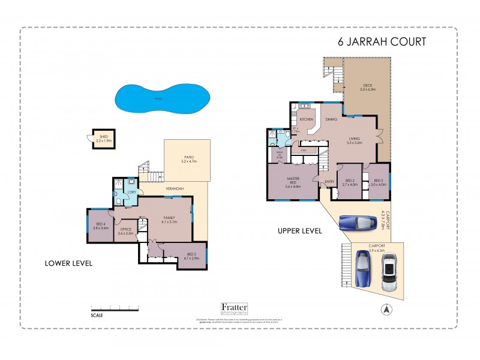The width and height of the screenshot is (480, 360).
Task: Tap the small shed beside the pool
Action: pyautogui.click(x=103, y=139)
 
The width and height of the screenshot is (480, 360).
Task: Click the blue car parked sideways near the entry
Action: pyautogui.click(x=356, y=223)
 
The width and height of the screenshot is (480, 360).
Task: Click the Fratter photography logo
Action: pyautogui.click(x=235, y=308)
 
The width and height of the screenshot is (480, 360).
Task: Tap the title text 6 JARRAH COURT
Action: pyautogui.click(x=382, y=42)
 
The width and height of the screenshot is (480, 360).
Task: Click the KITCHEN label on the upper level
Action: pyautogui.click(x=307, y=119)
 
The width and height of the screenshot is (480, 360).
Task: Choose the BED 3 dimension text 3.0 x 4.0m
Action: pyautogui.click(x=378, y=185)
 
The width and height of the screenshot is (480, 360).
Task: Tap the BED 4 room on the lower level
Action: pyautogui.click(x=100, y=226)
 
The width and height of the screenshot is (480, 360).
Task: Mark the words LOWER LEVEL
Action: pyautogui.click(x=68, y=263)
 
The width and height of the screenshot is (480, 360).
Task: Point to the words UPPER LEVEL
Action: pyautogui.click(x=299, y=230)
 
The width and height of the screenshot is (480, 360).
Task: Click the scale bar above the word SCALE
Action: pyautogui.click(x=115, y=307)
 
